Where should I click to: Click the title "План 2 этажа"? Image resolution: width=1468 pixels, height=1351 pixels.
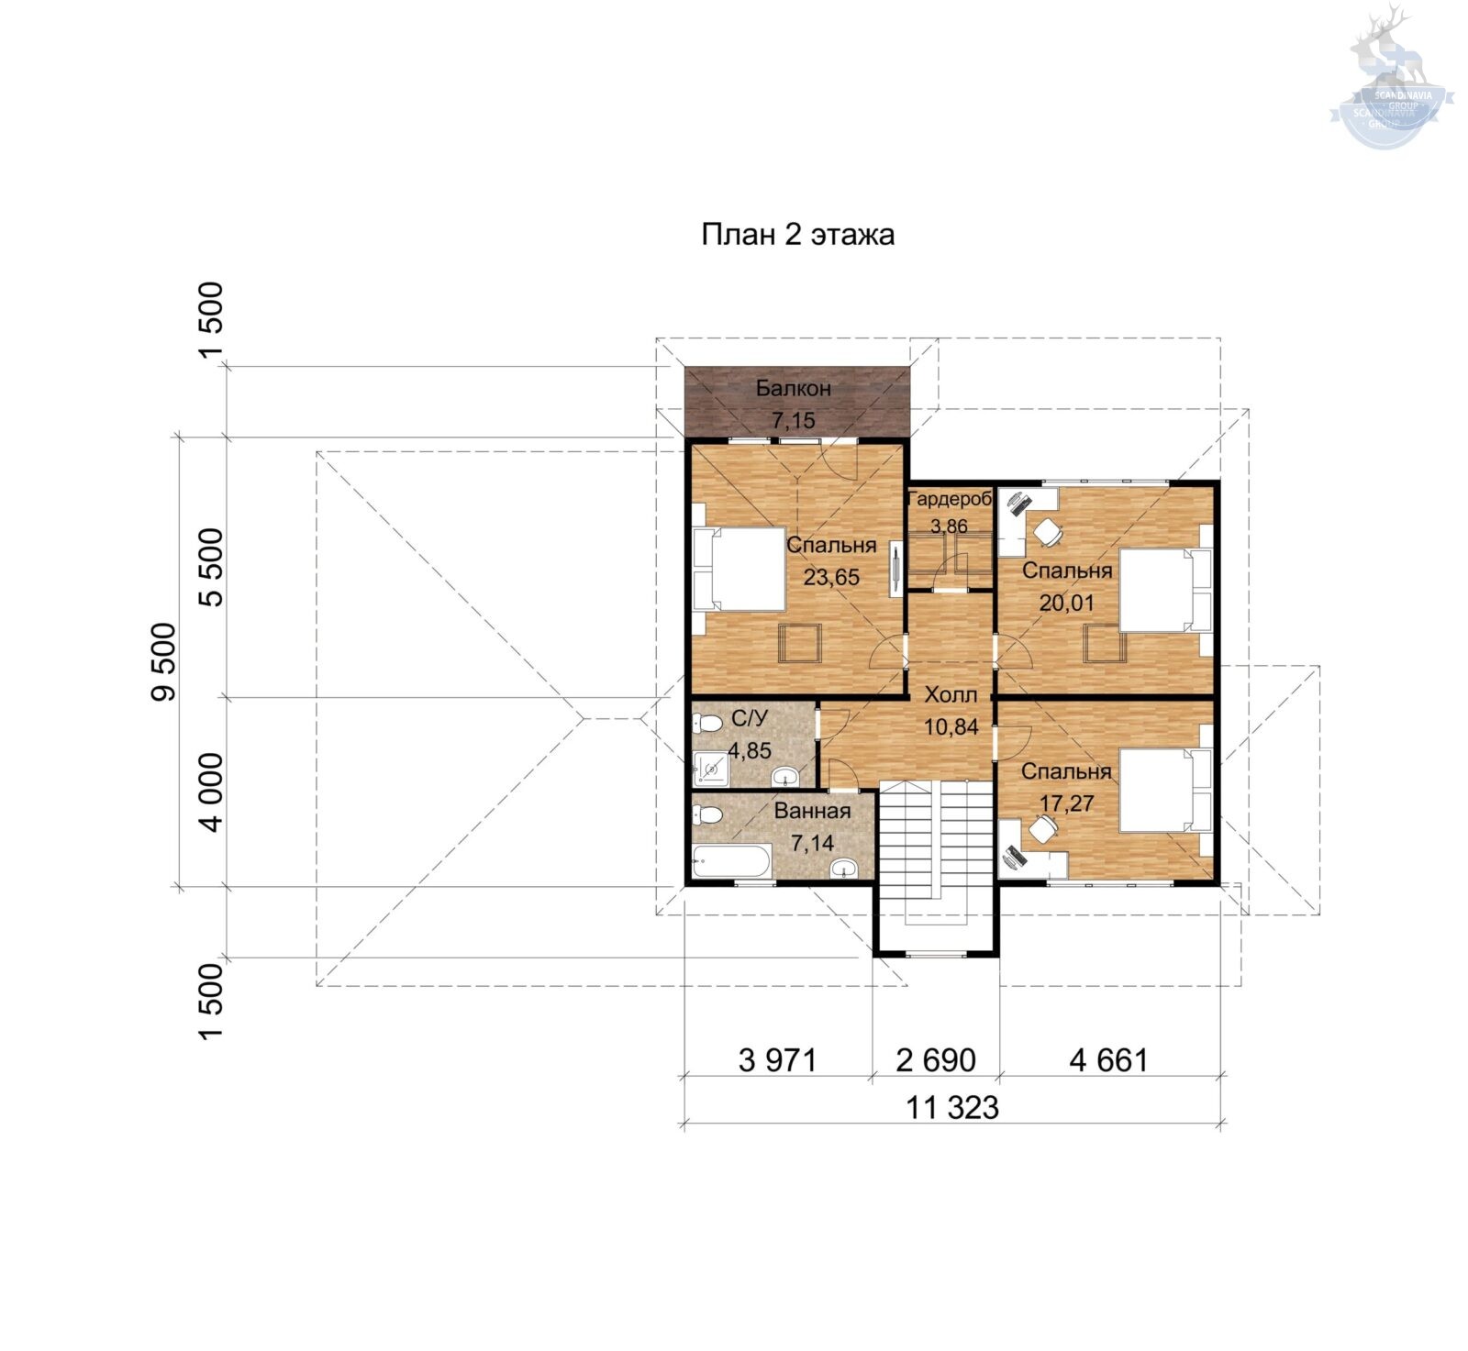[x=797, y=235]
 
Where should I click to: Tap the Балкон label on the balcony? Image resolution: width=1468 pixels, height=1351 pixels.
[x=794, y=388]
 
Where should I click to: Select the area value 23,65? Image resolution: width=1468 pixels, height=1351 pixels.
[x=831, y=577]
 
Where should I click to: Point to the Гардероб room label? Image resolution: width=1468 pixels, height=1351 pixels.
[x=950, y=500]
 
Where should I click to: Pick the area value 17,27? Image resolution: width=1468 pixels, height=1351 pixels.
[x=1066, y=803]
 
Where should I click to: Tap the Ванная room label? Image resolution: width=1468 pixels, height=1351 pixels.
[x=812, y=811]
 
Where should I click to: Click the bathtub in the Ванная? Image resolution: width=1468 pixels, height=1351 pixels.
[x=731, y=861]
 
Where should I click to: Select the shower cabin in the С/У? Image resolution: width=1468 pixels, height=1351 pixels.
[x=711, y=769]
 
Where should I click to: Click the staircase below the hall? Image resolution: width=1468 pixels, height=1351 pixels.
[x=936, y=853]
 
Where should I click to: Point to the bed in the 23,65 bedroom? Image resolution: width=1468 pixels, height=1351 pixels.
[x=740, y=569]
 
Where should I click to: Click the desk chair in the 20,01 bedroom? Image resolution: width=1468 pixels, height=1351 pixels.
[x=1049, y=531]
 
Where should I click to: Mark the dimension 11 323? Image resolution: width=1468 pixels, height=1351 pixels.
[x=952, y=1108]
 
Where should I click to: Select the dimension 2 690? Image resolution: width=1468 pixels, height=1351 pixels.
[x=936, y=1060]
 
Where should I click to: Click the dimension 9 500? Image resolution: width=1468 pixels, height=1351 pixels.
[x=163, y=661]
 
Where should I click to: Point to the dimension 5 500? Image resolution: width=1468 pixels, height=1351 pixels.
[x=211, y=568]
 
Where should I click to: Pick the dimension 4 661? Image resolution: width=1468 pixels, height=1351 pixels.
[x=1108, y=1060]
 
